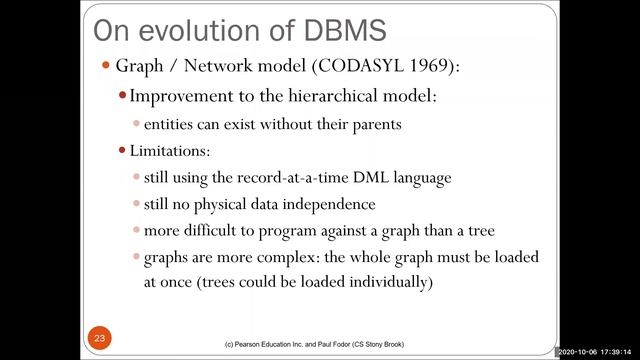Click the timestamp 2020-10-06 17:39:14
point(597,352)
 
